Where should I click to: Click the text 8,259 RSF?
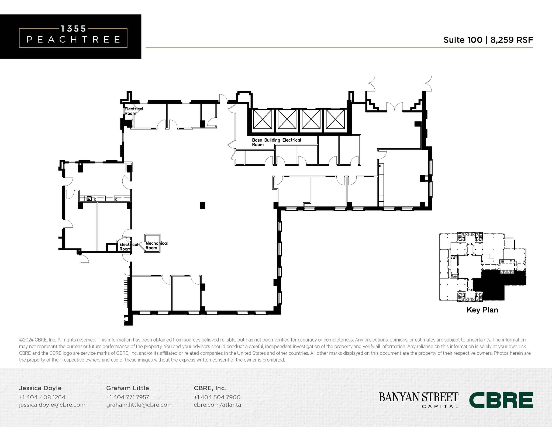(x=511, y=40)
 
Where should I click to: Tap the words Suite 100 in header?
(x=463, y=40)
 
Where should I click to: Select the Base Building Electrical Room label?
(x=276, y=142)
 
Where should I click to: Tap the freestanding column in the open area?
(x=202, y=206)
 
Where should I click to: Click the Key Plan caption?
(x=482, y=310)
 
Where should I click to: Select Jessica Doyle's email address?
(x=52, y=405)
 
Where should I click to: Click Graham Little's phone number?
(x=127, y=397)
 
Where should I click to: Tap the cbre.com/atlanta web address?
(x=217, y=405)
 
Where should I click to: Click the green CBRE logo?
(x=501, y=400)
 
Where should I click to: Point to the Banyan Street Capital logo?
(x=418, y=400)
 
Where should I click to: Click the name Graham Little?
(x=127, y=388)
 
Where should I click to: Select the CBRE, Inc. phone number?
(x=217, y=397)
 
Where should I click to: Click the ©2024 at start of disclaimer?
(x=26, y=340)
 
